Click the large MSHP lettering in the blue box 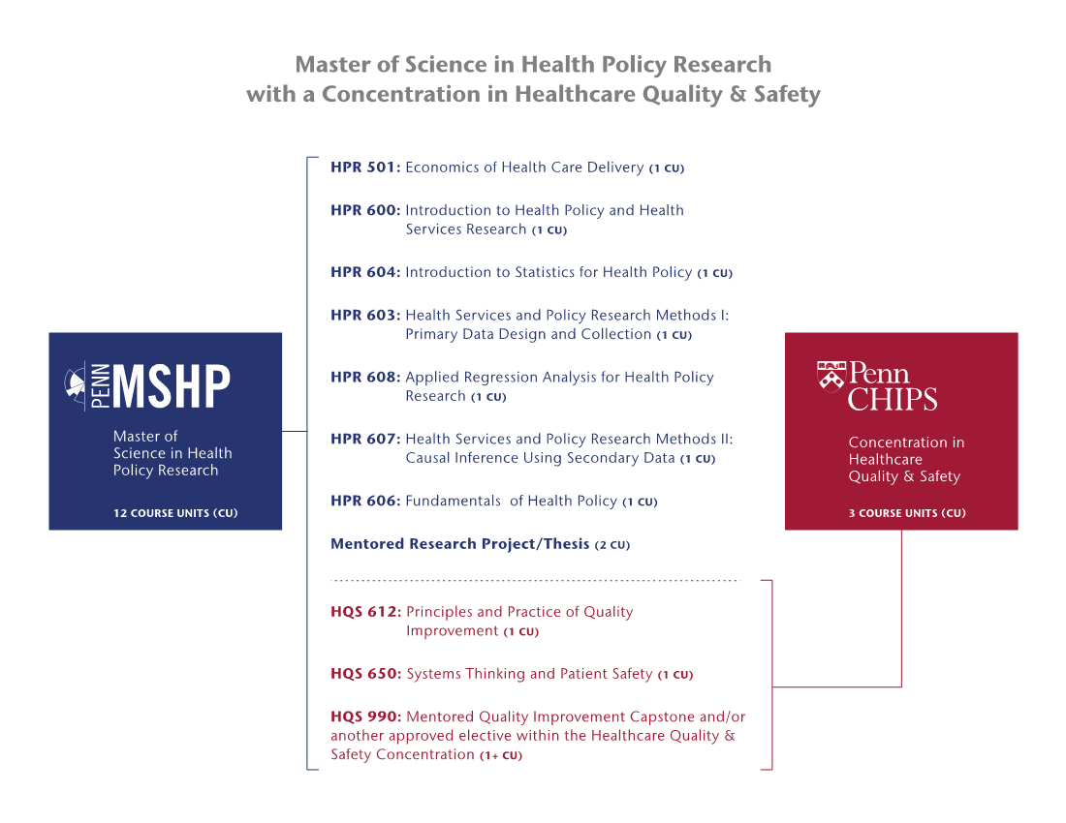pos(172,385)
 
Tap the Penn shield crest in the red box pos(831,377)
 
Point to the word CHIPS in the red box pos(892,399)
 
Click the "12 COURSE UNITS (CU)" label pos(175,512)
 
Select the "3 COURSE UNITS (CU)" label pos(907,512)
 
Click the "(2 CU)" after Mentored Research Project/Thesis pos(611,544)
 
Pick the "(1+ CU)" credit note pos(501,755)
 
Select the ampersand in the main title pos(737,94)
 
